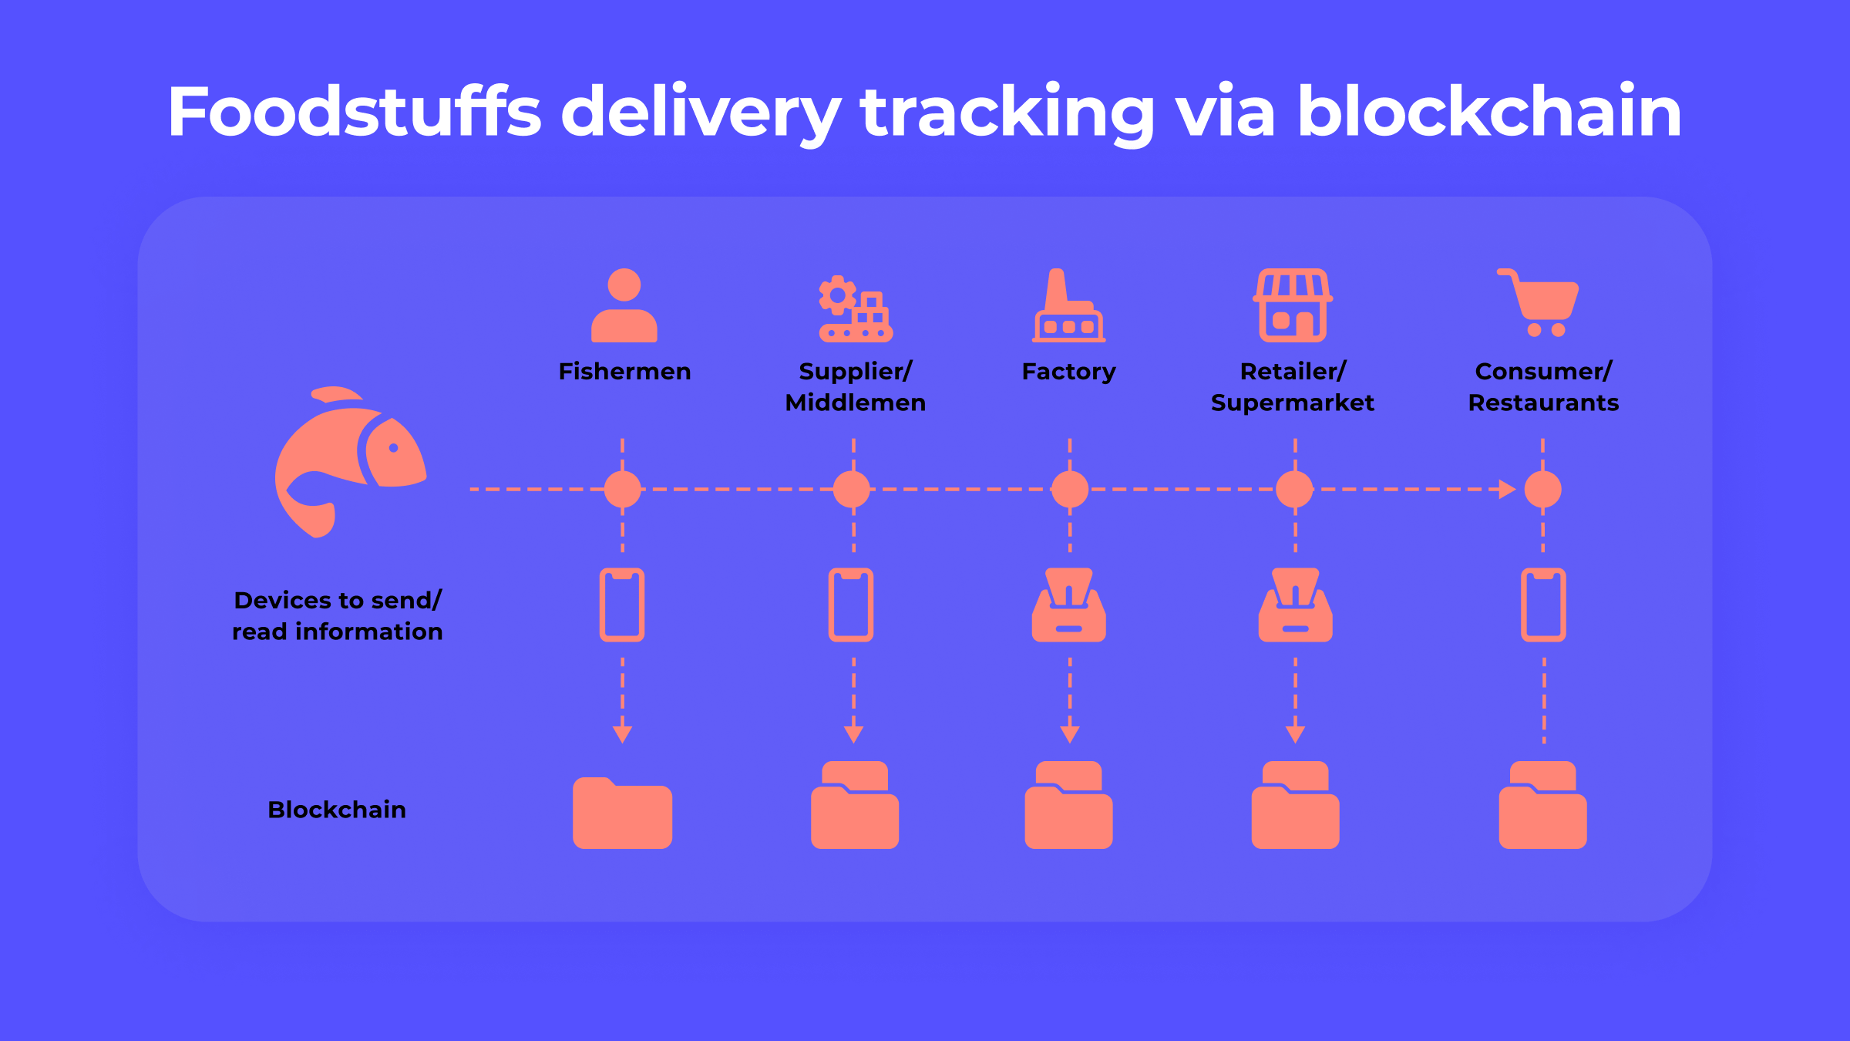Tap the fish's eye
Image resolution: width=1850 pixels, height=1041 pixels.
(x=394, y=448)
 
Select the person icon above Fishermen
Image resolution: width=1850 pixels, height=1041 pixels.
(x=624, y=305)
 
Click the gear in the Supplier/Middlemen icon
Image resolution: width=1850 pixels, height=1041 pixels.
(x=837, y=295)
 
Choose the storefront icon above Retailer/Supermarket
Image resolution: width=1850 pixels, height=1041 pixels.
(x=1293, y=305)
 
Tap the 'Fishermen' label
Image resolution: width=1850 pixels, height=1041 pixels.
(x=624, y=372)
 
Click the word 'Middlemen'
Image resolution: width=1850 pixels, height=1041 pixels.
(x=855, y=403)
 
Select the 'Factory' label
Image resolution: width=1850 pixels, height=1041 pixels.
(x=1068, y=372)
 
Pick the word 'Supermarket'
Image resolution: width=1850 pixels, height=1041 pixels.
(x=1293, y=403)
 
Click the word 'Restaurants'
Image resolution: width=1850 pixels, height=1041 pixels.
(x=1543, y=403)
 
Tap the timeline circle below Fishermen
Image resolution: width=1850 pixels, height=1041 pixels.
(x=623, y=489)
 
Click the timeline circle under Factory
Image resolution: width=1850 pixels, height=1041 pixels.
(x=1070, y=489)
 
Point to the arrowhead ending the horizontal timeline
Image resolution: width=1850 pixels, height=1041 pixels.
(x=1507, y=489)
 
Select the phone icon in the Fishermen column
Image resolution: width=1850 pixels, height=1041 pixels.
(x=622, y=605)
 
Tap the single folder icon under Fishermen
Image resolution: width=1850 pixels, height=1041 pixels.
(x=623, y=814)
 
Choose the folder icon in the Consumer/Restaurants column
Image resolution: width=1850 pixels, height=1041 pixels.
(x=1543, y=806)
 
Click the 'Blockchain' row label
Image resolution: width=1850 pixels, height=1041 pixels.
(x=337, y=810)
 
